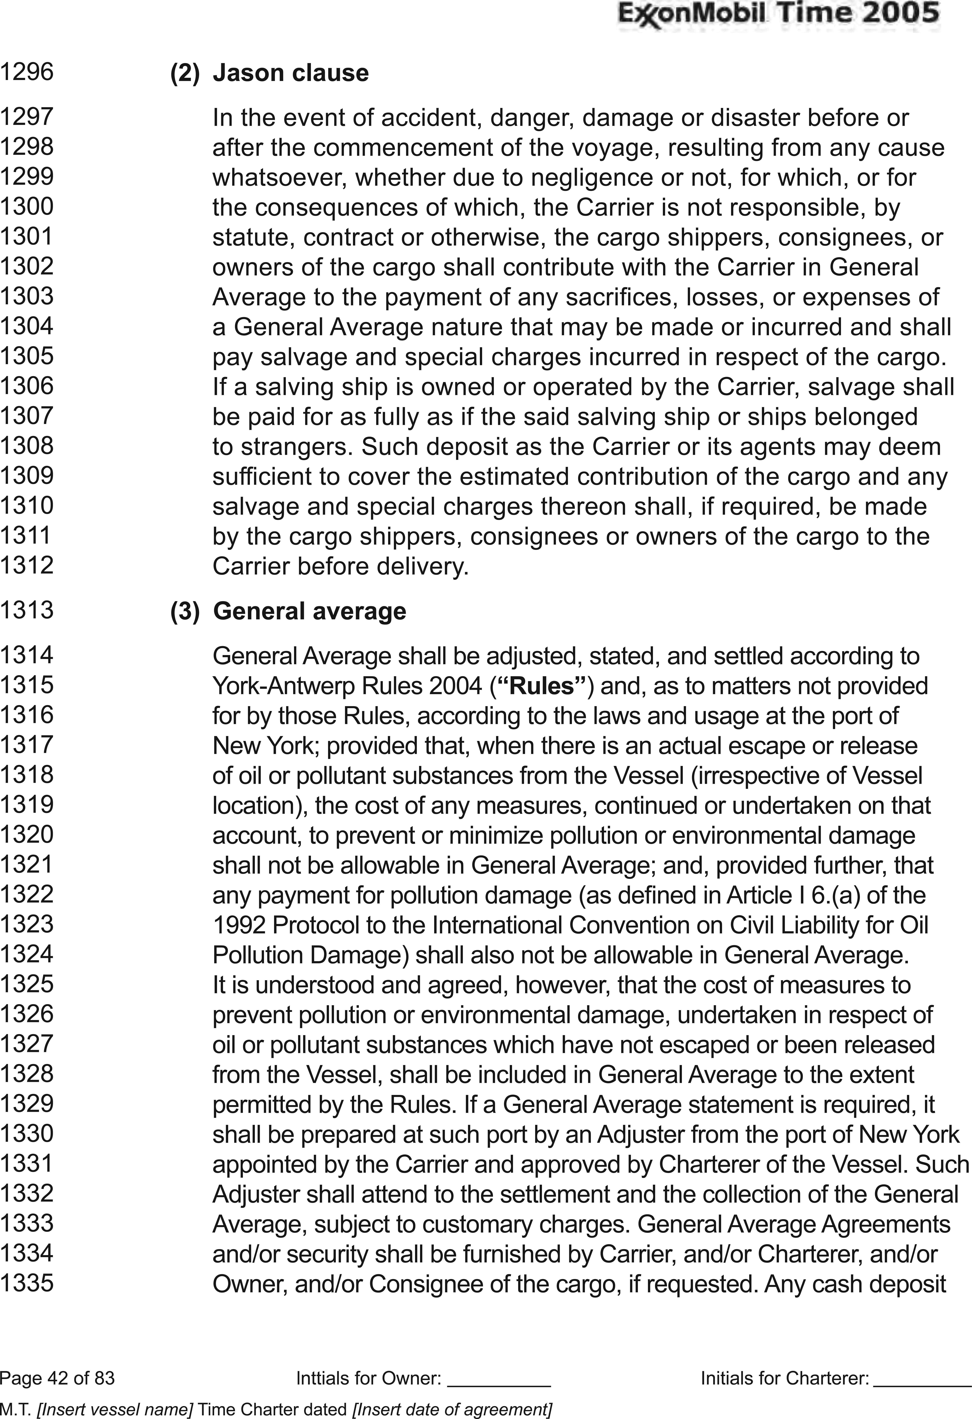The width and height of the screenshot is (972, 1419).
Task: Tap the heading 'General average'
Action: [x=310, y=611]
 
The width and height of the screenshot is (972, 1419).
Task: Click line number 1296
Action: [x=27, y=72]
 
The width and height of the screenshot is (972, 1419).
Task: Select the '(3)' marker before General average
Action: [x=184, y=611]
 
